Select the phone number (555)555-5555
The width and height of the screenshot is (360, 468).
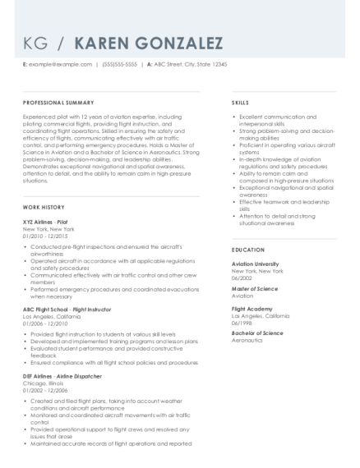tap(121, 64)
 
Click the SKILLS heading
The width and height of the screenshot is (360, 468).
tap(241, 104)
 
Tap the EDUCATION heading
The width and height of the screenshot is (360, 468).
tap(248, 249)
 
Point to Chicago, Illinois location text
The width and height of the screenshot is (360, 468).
tap(43, 382)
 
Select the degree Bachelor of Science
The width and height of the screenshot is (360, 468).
tap(257, 333)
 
